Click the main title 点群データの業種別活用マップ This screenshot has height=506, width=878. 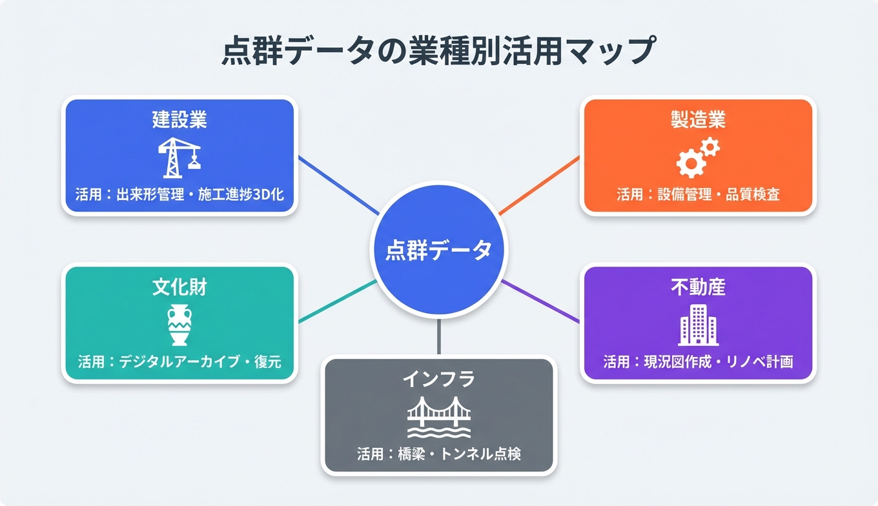(x=438, y=52)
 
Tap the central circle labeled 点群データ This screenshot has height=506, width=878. (x=438, y=250)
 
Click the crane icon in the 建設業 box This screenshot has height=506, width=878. (x=179, y=157)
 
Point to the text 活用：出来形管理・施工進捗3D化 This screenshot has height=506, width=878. (x=179, y=194)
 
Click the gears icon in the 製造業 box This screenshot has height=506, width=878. (x=697, y=157)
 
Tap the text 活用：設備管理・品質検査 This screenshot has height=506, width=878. (x=698, y=194)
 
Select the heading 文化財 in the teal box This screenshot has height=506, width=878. (x=179, y=287)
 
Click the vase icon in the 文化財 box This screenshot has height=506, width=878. (x=179, y=325)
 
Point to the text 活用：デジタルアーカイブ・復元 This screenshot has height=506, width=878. (x=179, y=361)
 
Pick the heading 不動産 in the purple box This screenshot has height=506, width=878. (x=698, y=287)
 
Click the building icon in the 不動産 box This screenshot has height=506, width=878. (x=698, y=325)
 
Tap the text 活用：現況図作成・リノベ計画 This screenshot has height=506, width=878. (x=698, y=361)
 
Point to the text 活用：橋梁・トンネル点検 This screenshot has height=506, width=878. (x=438, y=454)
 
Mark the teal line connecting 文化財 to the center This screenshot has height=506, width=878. (x=337, y=301)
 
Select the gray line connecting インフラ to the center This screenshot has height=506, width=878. (x=438, y=337)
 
